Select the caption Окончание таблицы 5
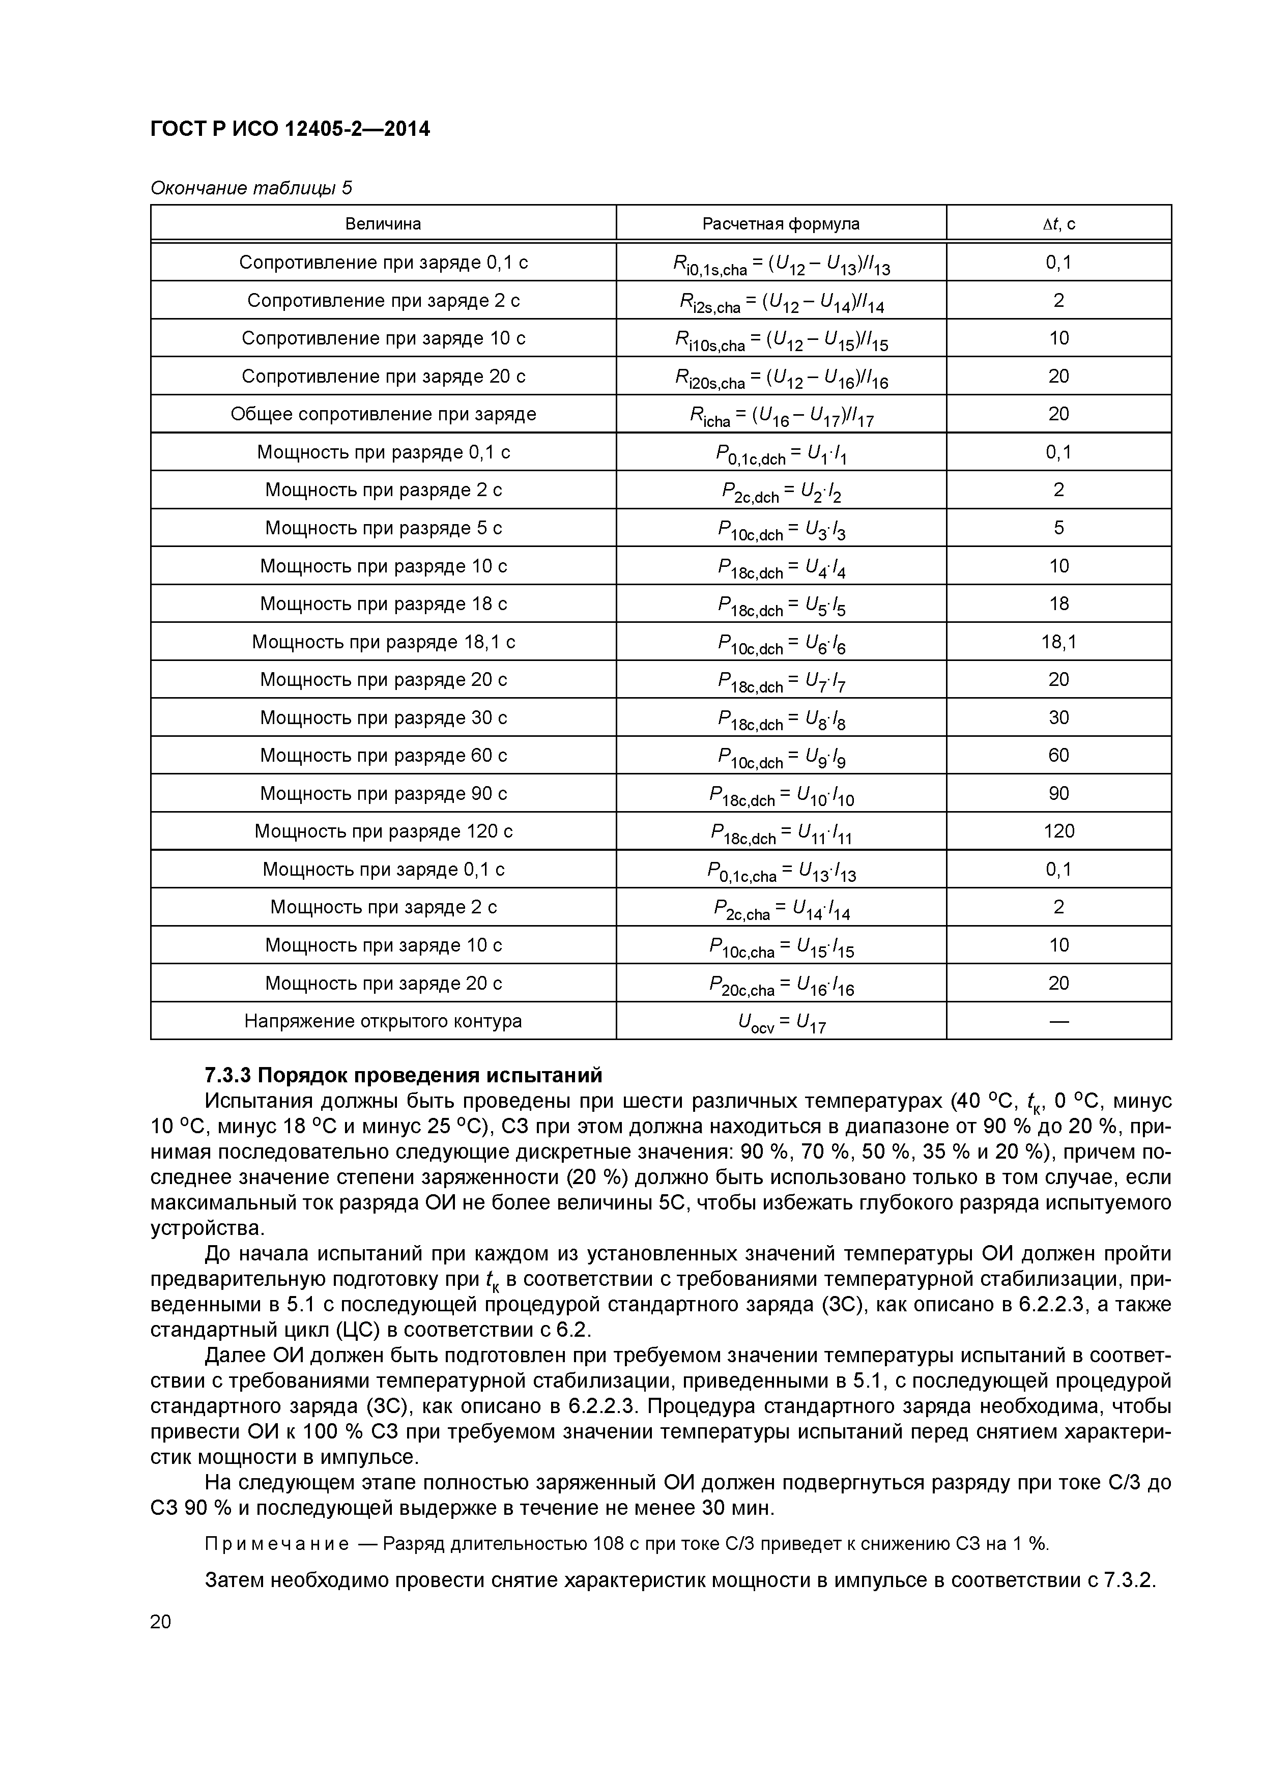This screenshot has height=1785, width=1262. (x=250, y=188)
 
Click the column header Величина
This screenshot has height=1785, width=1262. (x=383, y=224)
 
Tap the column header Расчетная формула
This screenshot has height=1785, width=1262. (x=781, y=224)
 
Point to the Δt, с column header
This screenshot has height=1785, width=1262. (x=1058, y=224)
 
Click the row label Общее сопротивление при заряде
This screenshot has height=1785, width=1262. (x=383, y=414)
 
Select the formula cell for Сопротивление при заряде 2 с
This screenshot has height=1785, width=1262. (x=781, y=302)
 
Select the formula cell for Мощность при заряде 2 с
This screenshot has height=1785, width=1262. (x=781, y=909)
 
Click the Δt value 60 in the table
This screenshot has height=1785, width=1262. (x=1058, y=756)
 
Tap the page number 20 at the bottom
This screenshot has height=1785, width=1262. (x=160, y=1622)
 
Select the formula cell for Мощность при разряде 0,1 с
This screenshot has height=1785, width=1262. (x=781, y=454)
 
